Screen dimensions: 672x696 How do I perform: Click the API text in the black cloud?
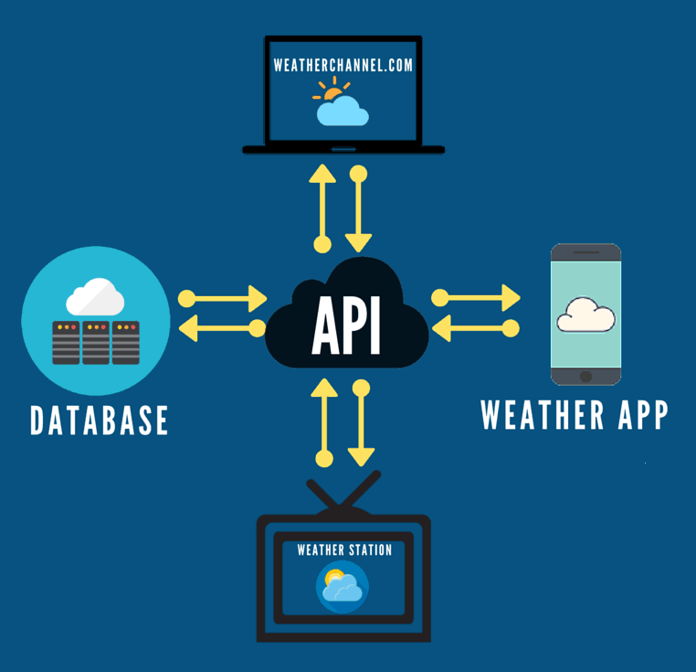pos(346,326)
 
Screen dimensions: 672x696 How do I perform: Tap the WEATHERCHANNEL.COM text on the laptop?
pos(344,66)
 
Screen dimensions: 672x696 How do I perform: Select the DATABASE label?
pos(100,421)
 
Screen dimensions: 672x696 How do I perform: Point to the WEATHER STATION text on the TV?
pos(344,550)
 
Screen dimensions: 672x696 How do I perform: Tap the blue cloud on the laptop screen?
pos(343,112)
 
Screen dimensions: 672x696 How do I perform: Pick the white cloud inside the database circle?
pos(95,297)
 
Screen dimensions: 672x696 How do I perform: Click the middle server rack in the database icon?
pos(96,342)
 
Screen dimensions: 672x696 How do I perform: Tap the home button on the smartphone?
pos(586,376)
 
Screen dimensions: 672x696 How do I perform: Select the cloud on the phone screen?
pos(585,315)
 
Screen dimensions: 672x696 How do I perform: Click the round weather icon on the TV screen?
pos(343,587)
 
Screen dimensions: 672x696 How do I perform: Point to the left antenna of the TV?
pos(324,494)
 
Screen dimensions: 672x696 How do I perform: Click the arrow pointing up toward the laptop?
pos(322,206)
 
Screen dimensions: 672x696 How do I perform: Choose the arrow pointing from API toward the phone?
pos(480,297)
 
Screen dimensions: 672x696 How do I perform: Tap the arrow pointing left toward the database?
pos(219,328)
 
